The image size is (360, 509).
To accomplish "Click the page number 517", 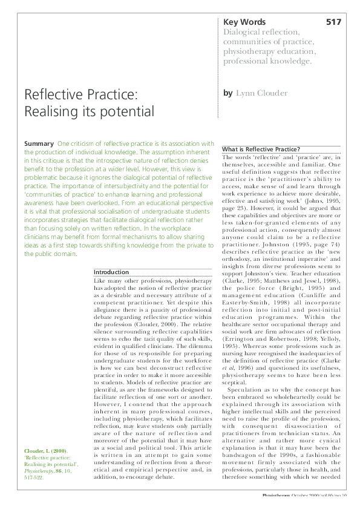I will (x=333, y=22).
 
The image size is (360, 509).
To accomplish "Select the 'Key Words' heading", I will (x=244, y=22).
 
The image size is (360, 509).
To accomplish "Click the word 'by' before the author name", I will (x=227, y=94).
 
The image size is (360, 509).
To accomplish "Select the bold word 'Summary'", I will (x=38, y=143).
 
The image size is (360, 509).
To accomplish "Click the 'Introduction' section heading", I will (x=111, y=272).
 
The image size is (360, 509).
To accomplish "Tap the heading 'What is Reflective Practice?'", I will (x=261, y=149).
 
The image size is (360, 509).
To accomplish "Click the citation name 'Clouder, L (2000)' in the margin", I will (x=45, y=451).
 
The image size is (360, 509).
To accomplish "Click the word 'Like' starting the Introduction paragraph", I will (x=100, y=281).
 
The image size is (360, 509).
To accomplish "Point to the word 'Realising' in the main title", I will (x=50, y=112).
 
